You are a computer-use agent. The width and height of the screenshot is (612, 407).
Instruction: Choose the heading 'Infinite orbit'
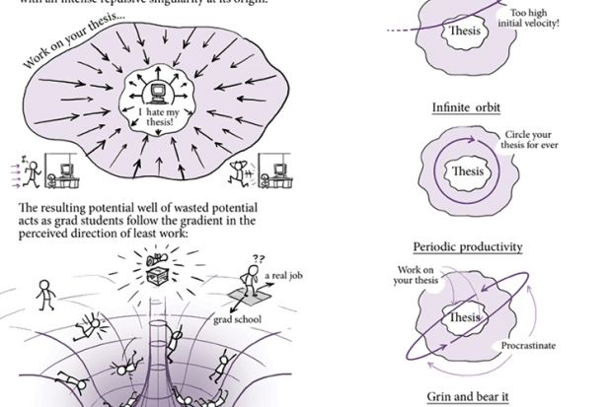[x=462, y=107]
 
